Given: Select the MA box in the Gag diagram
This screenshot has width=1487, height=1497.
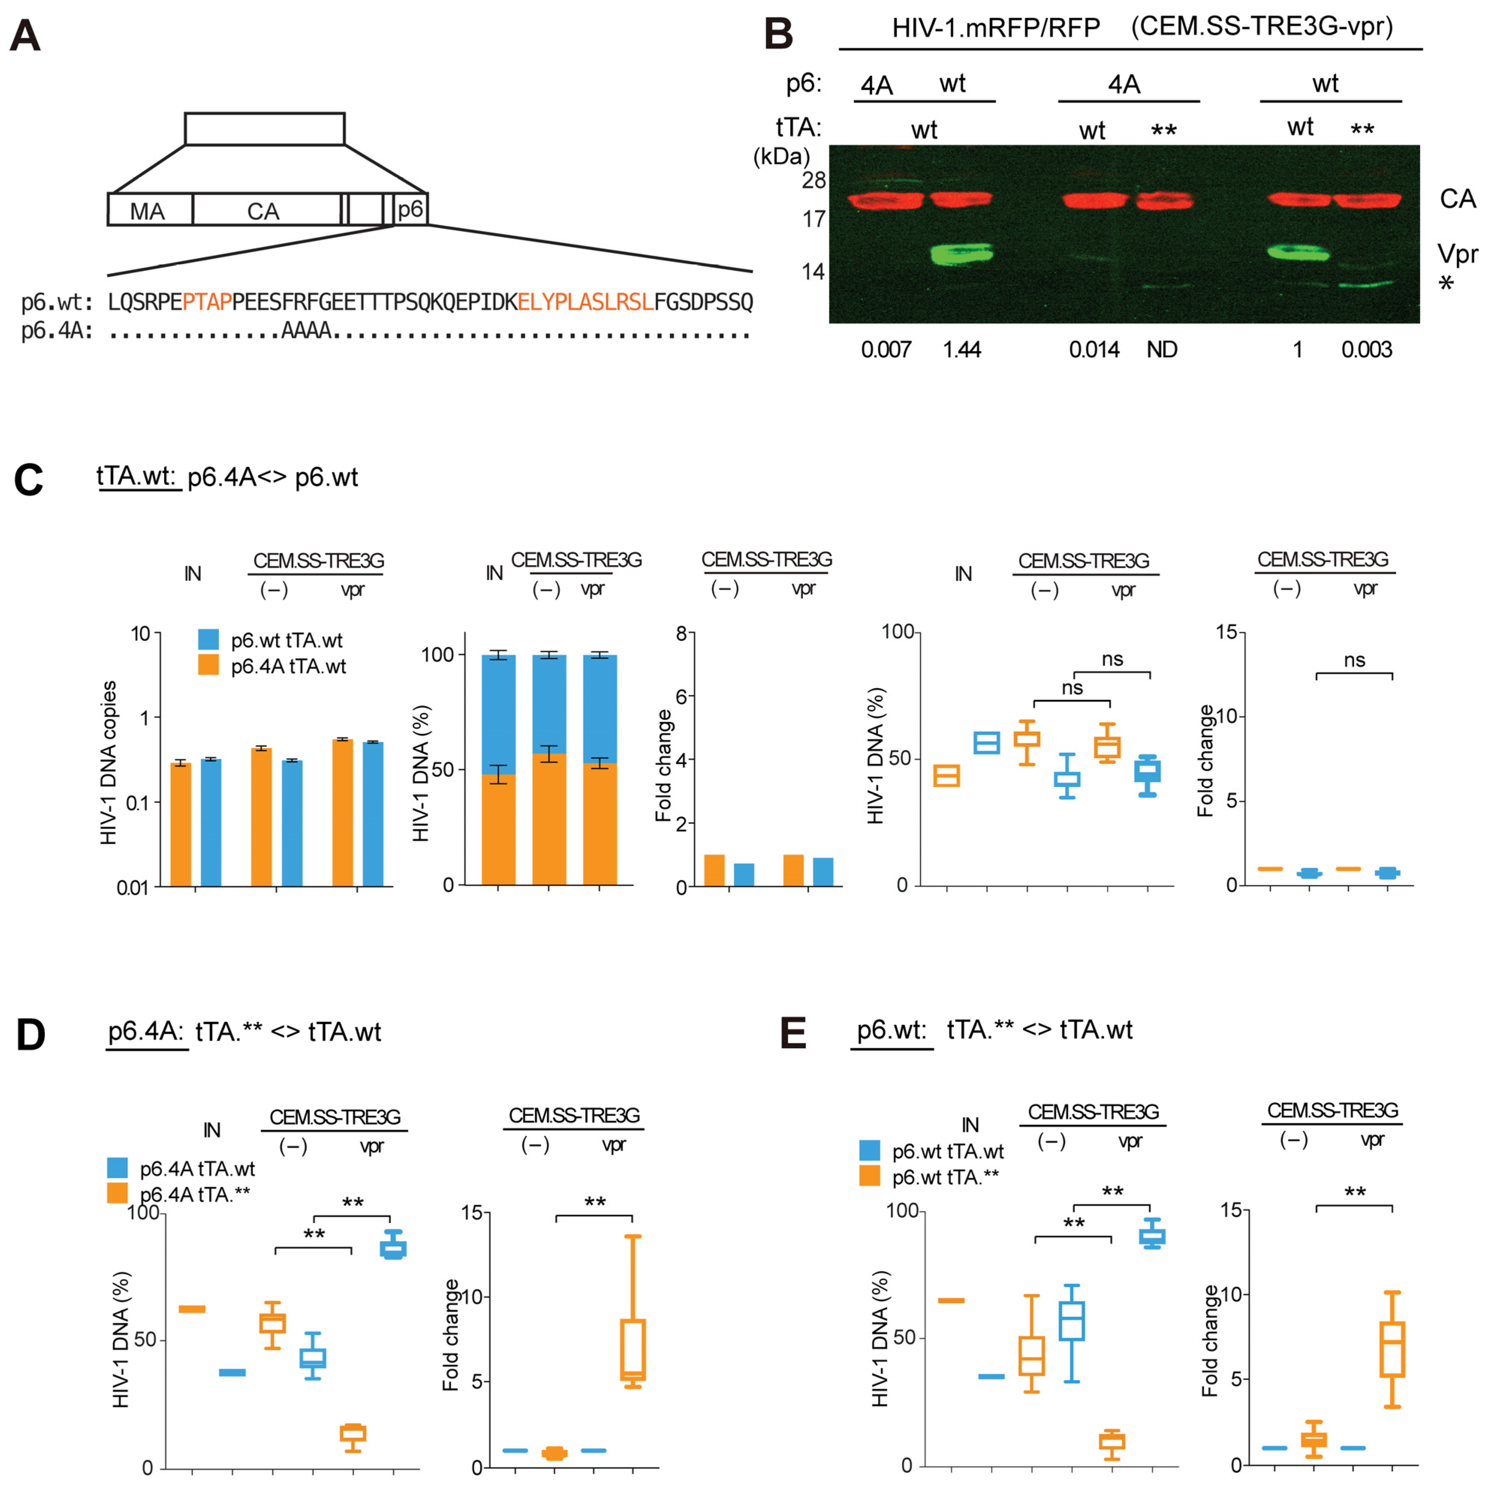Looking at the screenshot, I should pos(147,211).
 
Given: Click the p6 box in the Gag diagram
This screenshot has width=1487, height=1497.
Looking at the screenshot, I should pos(410,209).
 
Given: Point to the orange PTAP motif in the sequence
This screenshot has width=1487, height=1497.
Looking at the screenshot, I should pos(207,301).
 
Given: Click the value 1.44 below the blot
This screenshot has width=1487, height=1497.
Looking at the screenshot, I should pos(962,350).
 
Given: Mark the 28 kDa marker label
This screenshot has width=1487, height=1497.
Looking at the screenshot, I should pos(813,181).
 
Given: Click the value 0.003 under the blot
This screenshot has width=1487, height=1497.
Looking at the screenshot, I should pos(1366,350).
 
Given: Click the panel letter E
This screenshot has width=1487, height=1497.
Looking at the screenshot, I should pos(794,1034).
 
